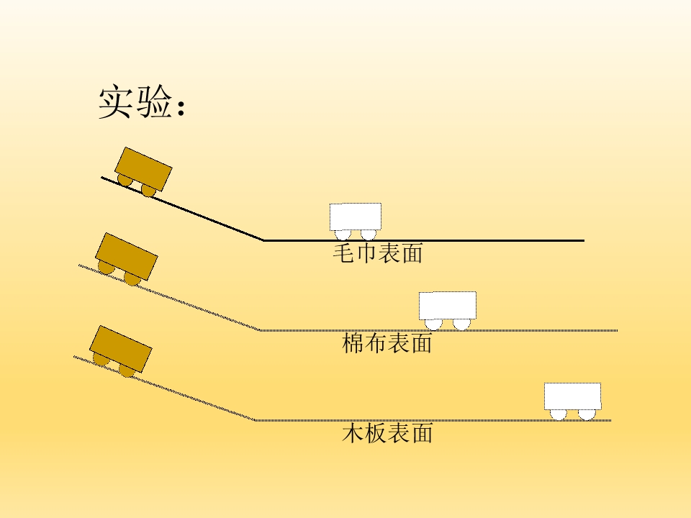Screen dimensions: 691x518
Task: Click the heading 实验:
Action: point(141,101)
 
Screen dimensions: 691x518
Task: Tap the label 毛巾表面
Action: point(378,253)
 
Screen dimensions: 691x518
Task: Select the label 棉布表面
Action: point(387,343)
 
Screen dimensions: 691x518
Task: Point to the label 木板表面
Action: point(387,433)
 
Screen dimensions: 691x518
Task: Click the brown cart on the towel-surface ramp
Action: point(143,171)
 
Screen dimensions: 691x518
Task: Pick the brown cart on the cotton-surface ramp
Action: point(127,259)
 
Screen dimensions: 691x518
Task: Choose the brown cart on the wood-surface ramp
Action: point(121,351)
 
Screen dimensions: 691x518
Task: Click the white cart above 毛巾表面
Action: point(355,221)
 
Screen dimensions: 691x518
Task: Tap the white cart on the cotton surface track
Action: point(447,310)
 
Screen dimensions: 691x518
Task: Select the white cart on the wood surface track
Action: point(572,401)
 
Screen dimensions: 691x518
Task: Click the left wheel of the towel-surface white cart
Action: point(343,235)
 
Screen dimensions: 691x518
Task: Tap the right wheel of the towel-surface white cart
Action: point(369,235)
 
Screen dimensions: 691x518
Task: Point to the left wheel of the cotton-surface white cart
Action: point(433,324)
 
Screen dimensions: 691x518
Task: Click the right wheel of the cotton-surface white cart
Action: point(461,324)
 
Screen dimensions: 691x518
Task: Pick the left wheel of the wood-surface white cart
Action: point(559,414)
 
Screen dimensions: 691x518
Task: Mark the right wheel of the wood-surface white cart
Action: point(587,414)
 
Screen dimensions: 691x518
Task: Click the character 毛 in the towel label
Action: point(344,253)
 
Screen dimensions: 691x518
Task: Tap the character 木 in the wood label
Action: point(353,433)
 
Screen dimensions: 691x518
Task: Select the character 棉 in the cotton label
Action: point(353,343)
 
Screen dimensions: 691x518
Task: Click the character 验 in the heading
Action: point(154,101)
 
